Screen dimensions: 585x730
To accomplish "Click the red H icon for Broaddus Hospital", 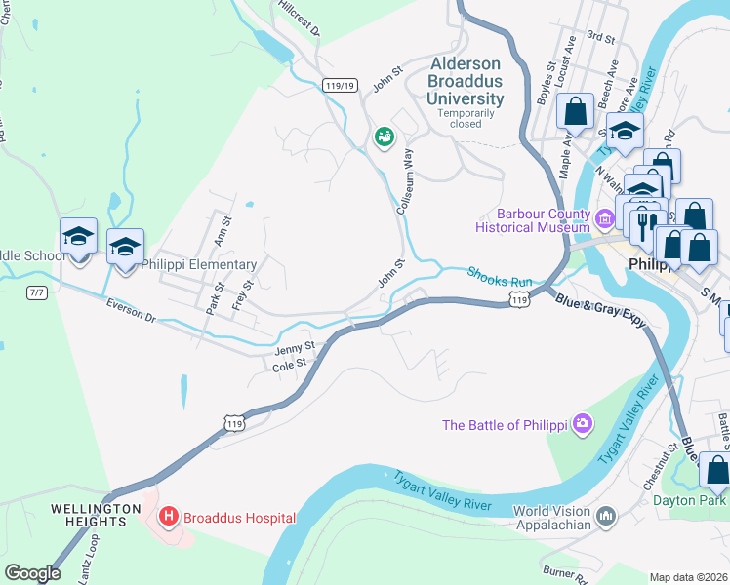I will [x=168, y=516].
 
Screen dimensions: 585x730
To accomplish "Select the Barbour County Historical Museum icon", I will [x=604, y=220].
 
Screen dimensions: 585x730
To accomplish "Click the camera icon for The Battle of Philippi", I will [x=583, y=424].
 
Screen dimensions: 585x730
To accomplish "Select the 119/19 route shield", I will [x=340, y=86].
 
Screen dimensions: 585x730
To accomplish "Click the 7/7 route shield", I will [x=37, y=292].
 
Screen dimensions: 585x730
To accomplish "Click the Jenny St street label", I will [x=295, y=348].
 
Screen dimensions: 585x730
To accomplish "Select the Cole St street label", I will [x=290, y=365].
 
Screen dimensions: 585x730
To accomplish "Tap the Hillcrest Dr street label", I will [x=300, y=18].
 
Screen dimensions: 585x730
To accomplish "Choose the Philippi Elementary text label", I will [x=199, y=264].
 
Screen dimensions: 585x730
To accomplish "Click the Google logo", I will [x=32, y=573].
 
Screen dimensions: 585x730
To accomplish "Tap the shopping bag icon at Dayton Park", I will [x=715, y=470].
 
